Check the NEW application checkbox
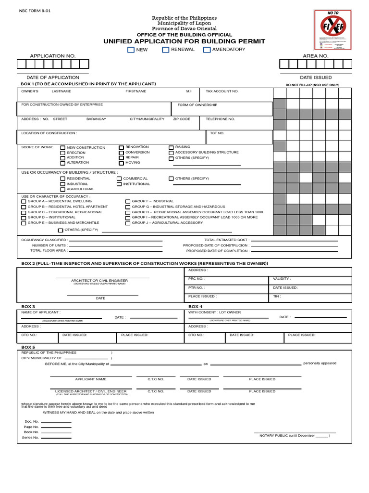pyautogui.click(x=131, y=50)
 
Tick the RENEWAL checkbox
pyautogui.click(x=166, y=50)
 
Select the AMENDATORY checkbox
pyautogui.click(x=207, y=50)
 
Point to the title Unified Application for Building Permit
pyautogui.click(x=184, y=41)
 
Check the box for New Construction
pyautogui.click(x=62, y=148)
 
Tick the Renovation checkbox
pyautogui.click(x=121, y=147)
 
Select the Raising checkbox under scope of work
pyautogui.click(x=171, y=147)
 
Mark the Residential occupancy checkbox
pyautogui.click(x=62, y=179)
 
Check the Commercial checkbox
pyautogui.click(x=119, y=179)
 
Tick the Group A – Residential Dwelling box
pyautogui.click(x=24, y=202)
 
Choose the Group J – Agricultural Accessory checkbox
pyautogui.click(x=128, y=223)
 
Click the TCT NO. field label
pyautogui.click(x=217, y=133)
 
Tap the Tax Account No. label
pyautogui.click(x=221, y=91)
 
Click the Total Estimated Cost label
pyautogui.click(x=226, y=240)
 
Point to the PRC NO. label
pyautogui.click(x=197, y=279)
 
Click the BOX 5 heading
pyautogui.click(x=28, y=347)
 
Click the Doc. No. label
pyautogui.click(x=31, y=422)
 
